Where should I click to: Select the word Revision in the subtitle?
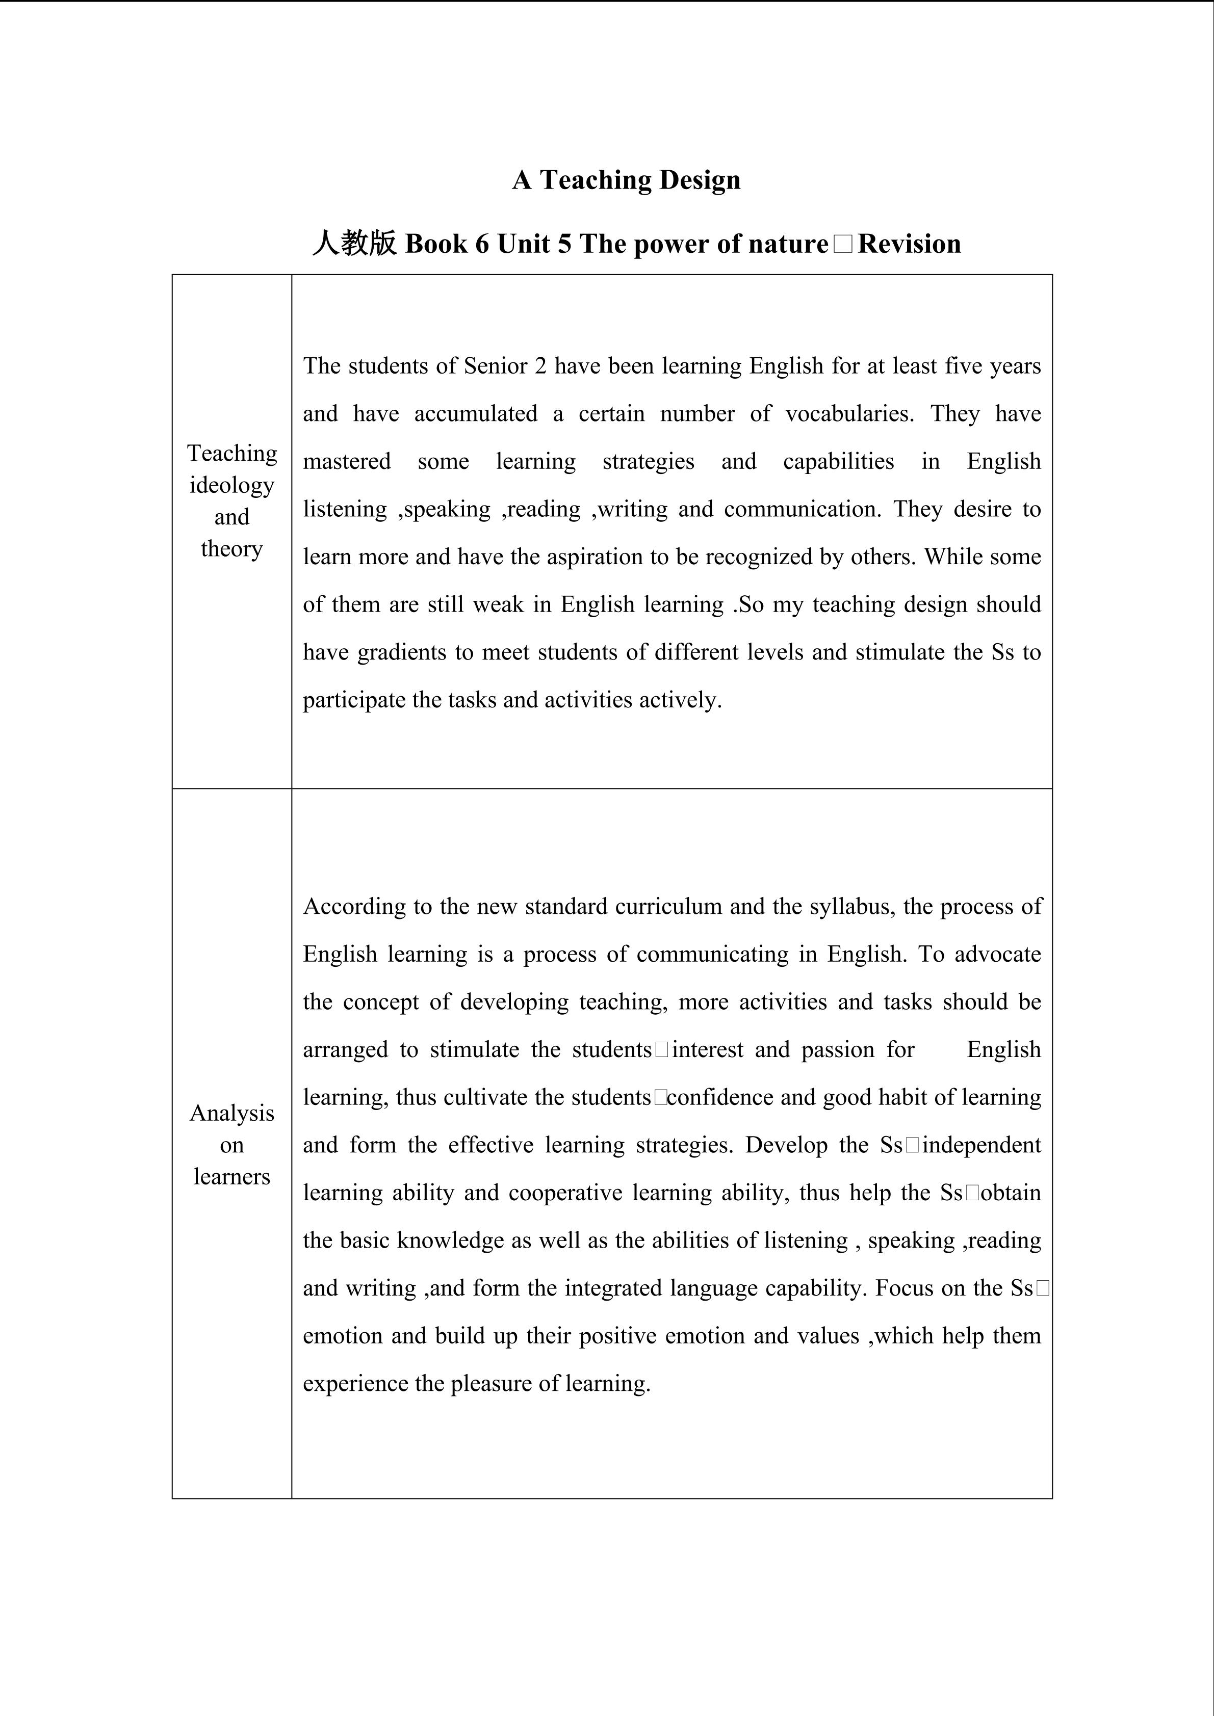pos(909,244)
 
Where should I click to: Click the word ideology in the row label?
pos(232,485)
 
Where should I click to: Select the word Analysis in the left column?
pos(232,1113)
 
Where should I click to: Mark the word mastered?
pos(347,461)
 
